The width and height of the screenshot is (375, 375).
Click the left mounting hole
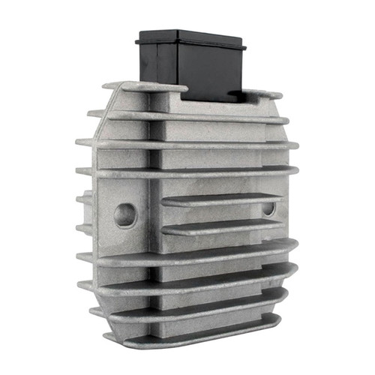pos(125,215)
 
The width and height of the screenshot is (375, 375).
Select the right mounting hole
pos(268,210)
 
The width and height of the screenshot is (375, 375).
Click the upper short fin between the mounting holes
pos(221,201)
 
